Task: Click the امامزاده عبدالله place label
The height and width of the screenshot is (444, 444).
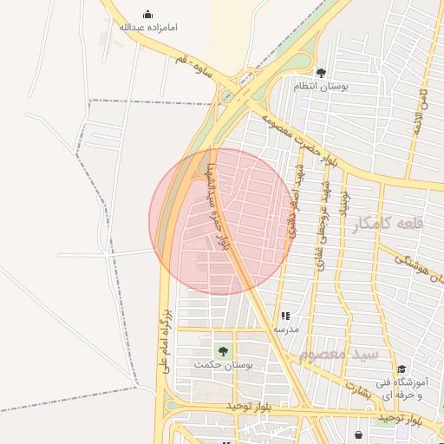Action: pyautogui.click(x=147, y=28)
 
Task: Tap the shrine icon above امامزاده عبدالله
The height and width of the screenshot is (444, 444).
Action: pyautogui.click(x=147, y=14)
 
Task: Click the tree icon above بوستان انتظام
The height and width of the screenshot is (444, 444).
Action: pyautogui.click(x=321, y=74)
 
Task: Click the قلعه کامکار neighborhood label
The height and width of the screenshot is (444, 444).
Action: pyautogui.click(x=389, y=223)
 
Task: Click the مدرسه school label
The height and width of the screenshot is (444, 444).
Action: pyautogui.click(x=286, y=330)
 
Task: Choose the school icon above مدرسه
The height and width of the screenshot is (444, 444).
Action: pyautogui.click(x=286, y=317)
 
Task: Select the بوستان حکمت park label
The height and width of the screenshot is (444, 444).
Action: pyautogui.click(x=224, y=365)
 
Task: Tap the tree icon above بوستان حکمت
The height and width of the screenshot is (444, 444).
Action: pyautogui.click(x=224, y=351)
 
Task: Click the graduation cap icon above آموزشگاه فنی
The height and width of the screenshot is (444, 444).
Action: pyautogui.click(x=402, y=369)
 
